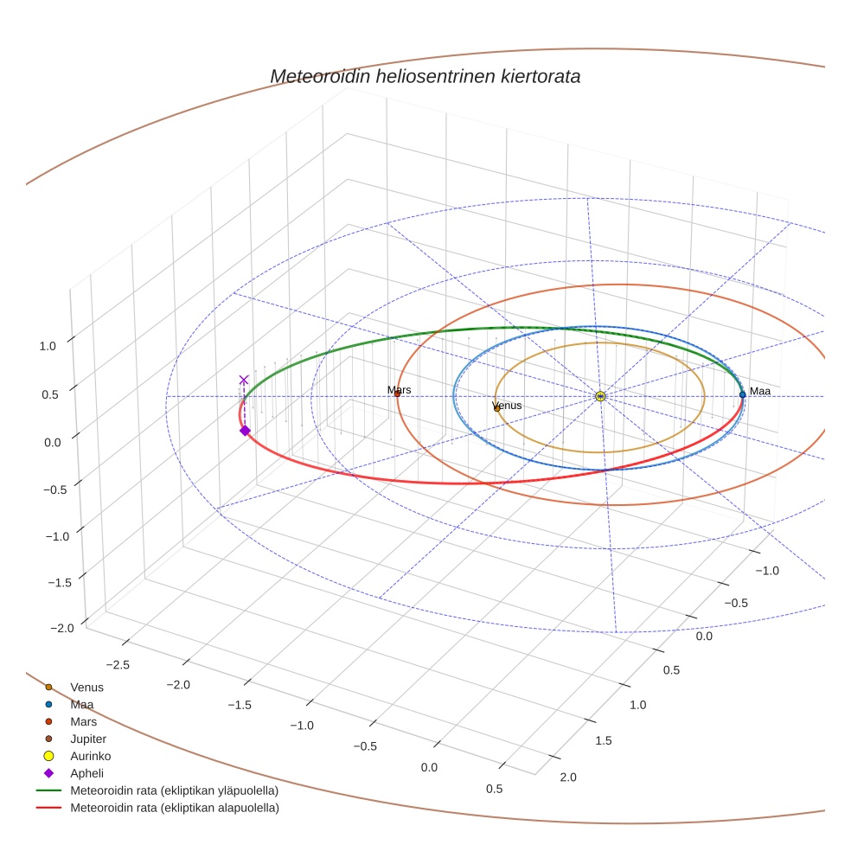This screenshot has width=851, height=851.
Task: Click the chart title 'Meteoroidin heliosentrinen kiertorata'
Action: [425, 76]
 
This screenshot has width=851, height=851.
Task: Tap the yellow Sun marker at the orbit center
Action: [600, 395]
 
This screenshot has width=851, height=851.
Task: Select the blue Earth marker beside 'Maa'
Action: [742, 394]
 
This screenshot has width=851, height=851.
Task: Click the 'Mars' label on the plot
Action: [400, 390]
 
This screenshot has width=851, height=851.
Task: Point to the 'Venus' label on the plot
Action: [507, 405]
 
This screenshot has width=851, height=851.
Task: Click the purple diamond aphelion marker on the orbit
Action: [245, 430]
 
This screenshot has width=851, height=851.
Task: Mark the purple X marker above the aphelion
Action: [244, 380]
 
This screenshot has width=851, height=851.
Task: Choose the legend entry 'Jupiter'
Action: [88, 739]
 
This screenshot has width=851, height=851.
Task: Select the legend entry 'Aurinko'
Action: [90, 756]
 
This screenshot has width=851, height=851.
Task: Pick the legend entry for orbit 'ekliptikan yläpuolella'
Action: [174, 790]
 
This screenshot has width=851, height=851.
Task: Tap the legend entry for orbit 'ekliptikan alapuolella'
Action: [174, 808]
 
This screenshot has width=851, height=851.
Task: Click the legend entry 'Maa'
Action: [82, 704]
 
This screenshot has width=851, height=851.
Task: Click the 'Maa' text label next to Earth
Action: [759, 391]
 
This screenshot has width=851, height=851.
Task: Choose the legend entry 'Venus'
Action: [86, 687]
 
